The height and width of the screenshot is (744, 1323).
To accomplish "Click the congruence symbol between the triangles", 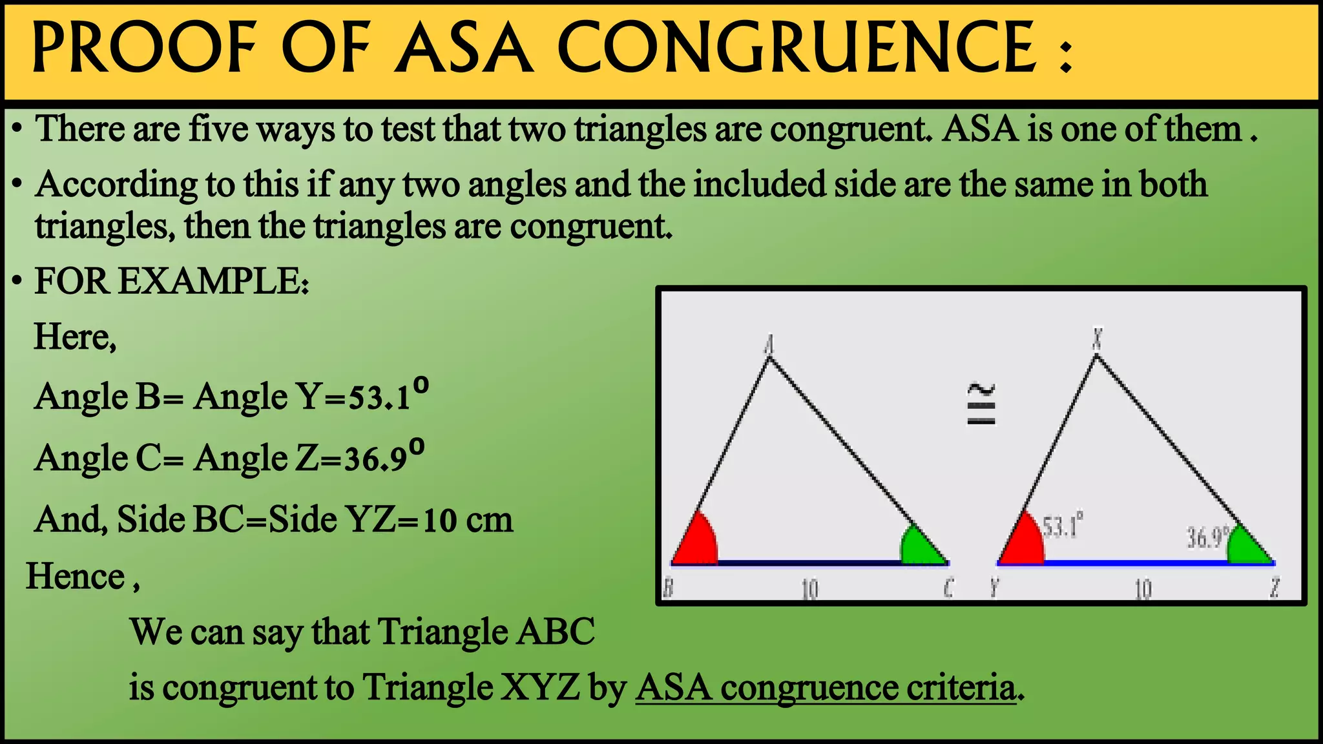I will [x=981, y=405].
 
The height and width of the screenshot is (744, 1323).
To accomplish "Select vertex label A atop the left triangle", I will [x=769, y=345].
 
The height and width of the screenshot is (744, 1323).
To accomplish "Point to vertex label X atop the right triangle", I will [x=1097, y=337].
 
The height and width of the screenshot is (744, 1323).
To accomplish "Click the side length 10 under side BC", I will [x=809, y=588].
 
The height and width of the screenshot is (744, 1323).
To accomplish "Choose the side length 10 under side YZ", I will [x=1143, y=588].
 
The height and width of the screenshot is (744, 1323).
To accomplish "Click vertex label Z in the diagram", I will [x=1275, y=588].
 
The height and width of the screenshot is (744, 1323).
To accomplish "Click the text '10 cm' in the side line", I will [x=468, y=520].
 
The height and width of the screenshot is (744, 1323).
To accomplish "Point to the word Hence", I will [x=76, y=576].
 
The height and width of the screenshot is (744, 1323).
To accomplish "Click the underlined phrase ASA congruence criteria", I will [x=826, y=687].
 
